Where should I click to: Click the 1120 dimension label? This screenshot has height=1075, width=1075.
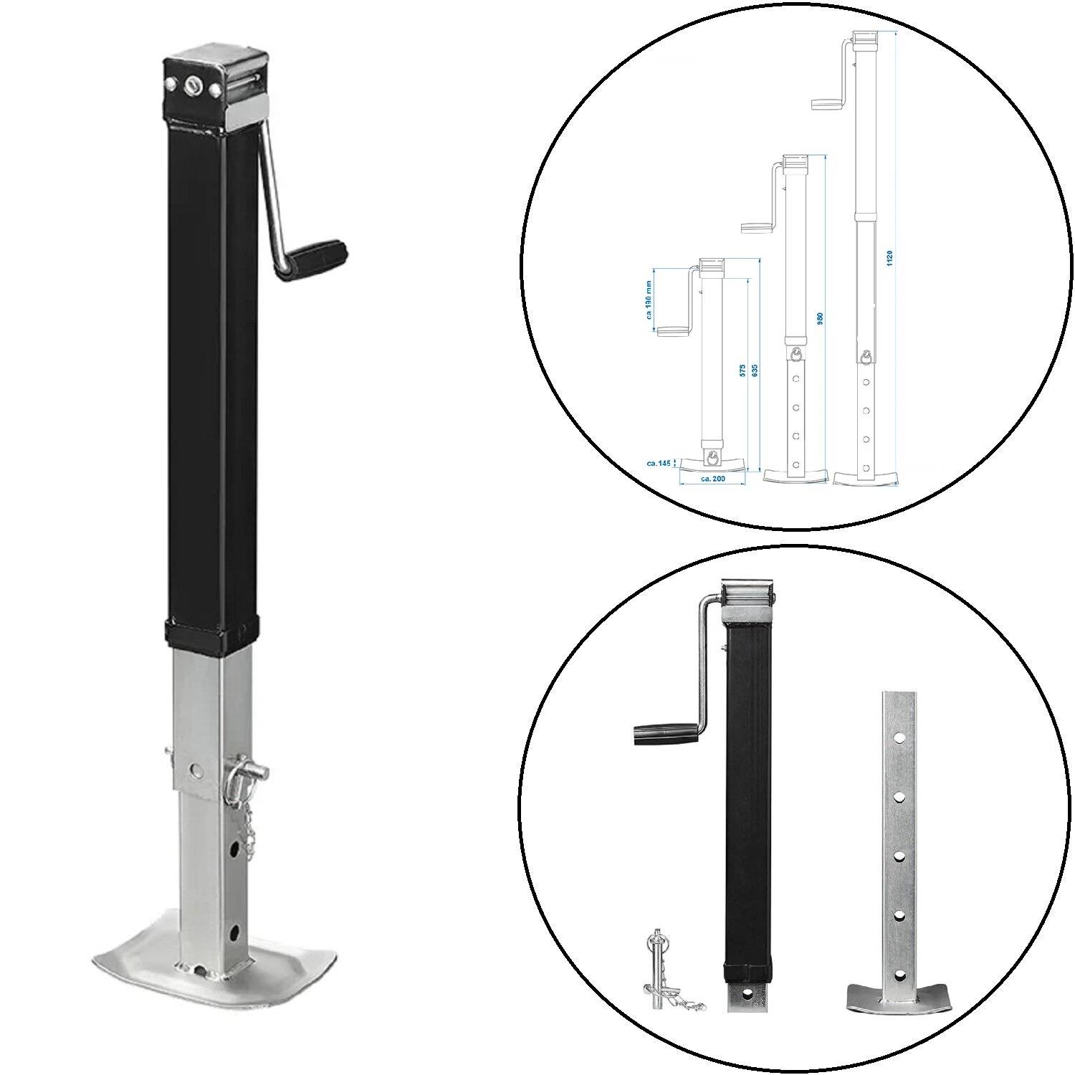click(889, 259)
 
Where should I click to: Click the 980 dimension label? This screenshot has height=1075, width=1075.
click(821, 317)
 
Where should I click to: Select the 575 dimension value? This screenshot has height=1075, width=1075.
click(743, 370)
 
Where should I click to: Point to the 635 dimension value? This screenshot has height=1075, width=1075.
click(755, 370)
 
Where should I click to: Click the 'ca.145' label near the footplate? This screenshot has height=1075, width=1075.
click(657, 464)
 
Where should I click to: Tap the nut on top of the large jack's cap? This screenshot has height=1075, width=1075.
click(192, 85)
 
